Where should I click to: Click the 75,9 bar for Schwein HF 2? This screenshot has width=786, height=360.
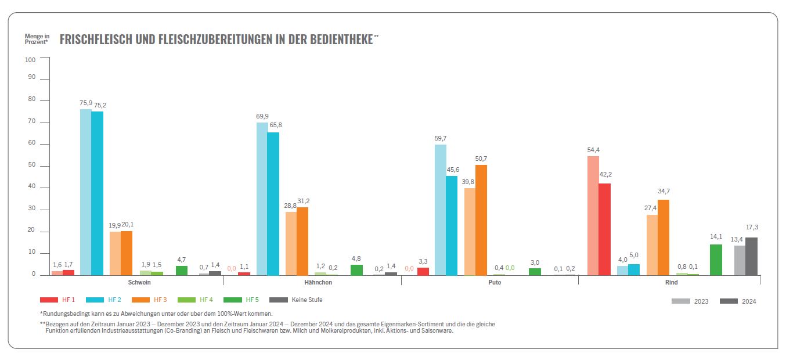pos(85,192)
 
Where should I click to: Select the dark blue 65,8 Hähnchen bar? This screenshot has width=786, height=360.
pos(273,203)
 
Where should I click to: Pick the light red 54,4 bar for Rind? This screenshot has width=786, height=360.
pos(593,215)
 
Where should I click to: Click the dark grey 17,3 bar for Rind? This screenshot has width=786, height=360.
pos(751,255)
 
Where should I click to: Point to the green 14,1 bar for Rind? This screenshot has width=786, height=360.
pos(716,260)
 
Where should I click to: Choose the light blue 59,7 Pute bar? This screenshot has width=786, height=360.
pos(441,209)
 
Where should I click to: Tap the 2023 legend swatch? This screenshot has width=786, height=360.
pos(681,301)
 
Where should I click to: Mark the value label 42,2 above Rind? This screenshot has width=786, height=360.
pos(604,174)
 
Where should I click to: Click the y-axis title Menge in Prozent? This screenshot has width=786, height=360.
pos(37,39)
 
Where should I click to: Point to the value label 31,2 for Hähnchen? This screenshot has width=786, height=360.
pos(302,201)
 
